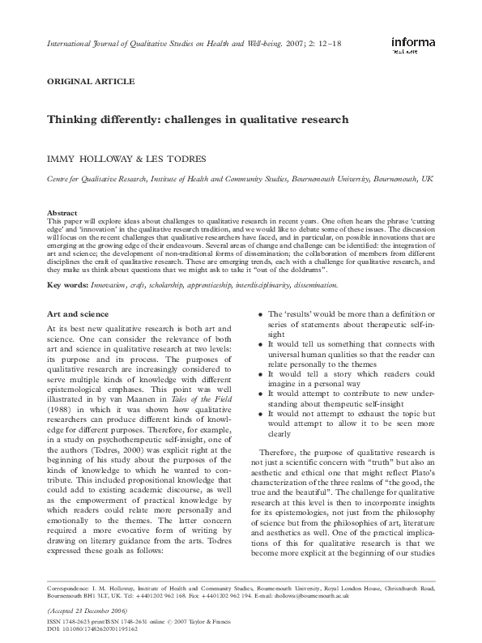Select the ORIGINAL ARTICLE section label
91,82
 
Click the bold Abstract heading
63,212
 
